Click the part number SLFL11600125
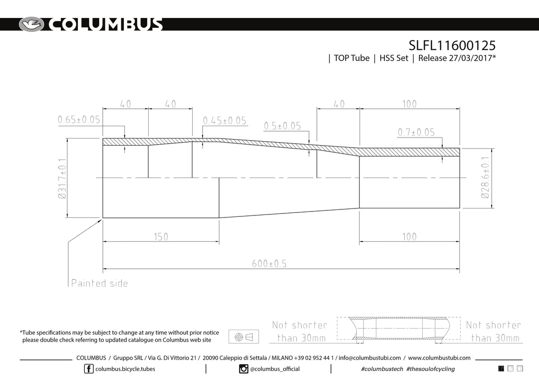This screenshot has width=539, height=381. point(452,45)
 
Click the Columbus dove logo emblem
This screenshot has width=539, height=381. point(31,24)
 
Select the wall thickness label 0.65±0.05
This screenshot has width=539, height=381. point(79,120)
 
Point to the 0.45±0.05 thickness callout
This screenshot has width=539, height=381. point(225,121)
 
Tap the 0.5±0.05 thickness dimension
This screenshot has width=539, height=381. point(282,126)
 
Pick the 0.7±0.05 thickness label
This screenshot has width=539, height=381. point(416,132)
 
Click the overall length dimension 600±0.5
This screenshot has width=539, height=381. point(269,263)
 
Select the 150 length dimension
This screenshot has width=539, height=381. point(161,237)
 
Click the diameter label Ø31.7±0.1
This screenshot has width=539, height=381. point(62,179)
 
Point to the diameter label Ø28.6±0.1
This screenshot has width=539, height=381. point(485,178)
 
